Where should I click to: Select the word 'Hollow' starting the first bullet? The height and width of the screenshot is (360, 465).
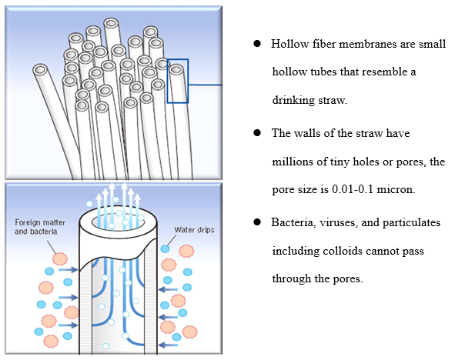[286, 44]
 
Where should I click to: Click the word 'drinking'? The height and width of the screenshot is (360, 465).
[292, 101]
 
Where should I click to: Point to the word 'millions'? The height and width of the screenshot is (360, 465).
[292, 161]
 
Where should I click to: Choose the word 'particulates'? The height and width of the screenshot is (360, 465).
[413, 222]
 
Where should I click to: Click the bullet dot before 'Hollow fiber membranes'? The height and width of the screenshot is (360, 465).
[258, 44]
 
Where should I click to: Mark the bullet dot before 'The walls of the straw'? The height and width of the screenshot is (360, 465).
[258, 132]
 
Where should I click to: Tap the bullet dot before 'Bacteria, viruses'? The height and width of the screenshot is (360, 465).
[258, 222]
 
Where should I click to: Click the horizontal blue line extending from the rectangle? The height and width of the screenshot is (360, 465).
[205, 84]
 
